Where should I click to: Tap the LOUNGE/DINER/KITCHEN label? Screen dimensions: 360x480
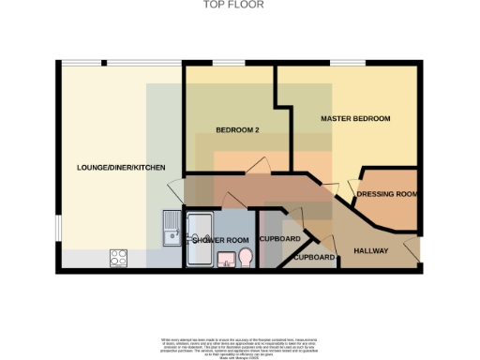click(x=121, y=168)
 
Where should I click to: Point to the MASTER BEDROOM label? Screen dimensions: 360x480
click(x=355, y=119)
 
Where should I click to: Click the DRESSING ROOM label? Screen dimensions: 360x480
click(x=386, y=195)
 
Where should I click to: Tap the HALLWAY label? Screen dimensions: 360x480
click(x=370, y=250)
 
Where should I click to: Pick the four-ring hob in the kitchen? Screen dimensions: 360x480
click(x=120, y=255)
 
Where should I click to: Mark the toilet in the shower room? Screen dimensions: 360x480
click(x=245, y=257)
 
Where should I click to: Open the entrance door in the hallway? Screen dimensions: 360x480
click(x=412, y=248)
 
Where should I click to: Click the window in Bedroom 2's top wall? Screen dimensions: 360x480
click(x=229, y=64)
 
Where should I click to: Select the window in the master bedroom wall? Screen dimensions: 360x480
click(x=347, y=64)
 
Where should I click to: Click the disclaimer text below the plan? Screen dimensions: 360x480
click(x=239, y=343)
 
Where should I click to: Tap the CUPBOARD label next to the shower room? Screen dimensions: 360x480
click(x=277, y=238)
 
